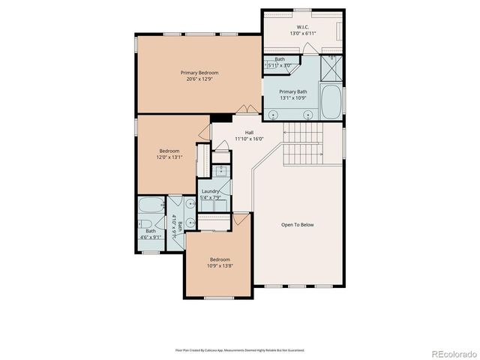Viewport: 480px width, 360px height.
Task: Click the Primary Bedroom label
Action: pyautogui.click(x=199, y=73)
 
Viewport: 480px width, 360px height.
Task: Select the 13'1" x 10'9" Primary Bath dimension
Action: pyautogui.click(x=294, y=97)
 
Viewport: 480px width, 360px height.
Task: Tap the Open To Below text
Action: pyautogui.click(x=297, y=225)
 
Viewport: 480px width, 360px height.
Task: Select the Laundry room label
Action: pyautogui.click(x=211, y=192)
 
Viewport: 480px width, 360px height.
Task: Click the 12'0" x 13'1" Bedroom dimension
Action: pyautogui.click(x=169, y=157)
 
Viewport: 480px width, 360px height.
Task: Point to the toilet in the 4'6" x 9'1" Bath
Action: pyautogui.click(x=144, y=225)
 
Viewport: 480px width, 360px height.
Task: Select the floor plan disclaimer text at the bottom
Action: pyautogui.click(x=240, y=349)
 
